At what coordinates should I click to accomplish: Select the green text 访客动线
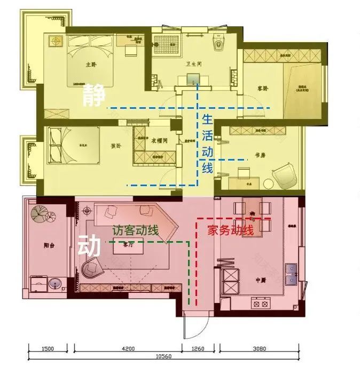coord(135,230)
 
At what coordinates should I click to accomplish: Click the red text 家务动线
coord(230,230)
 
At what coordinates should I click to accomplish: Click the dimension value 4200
coord(127,349)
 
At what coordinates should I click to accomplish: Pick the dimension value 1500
coord(48,349)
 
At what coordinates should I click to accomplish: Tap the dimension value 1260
coord(198,349)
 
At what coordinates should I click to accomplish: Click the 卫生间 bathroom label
coord(193,64)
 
